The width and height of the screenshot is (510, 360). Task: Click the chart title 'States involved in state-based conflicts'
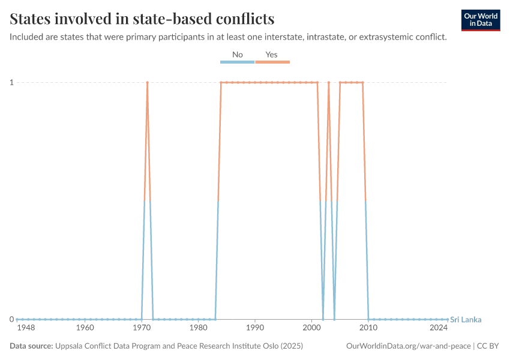click(142, 19)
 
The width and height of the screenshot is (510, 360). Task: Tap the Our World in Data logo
click(480, 20)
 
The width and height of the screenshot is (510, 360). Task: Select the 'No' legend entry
click(238, 55)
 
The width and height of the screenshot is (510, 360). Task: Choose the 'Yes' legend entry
click(272, 55)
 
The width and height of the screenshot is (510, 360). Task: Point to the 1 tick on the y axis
click(11, 82)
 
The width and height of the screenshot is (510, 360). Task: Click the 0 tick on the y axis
click(11, 319)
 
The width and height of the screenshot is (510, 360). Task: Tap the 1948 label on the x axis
click(26, 328)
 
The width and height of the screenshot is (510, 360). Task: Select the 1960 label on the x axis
click(85, 328)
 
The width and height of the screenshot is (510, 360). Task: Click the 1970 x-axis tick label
click(142, 328)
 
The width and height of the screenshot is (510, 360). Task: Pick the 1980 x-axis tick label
click(199, 328)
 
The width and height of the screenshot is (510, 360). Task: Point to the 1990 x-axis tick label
click(255, 328)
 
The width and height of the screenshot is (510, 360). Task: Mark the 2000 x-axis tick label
click(312, 328)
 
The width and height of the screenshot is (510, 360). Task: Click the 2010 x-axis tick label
click(368, 328)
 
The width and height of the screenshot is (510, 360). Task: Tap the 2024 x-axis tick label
click(439, 328)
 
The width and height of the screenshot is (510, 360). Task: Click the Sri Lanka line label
click(466, 319)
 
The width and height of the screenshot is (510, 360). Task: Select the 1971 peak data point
click(147, 82)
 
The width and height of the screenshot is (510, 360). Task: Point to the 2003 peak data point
click(329, 82)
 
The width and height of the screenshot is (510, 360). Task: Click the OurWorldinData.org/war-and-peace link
click(409, 346)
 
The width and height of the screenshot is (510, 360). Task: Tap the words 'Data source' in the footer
click(31, 346)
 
